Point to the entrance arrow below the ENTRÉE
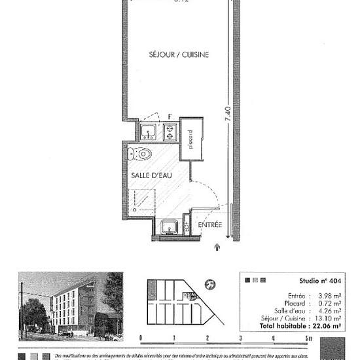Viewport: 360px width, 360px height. point(217,247)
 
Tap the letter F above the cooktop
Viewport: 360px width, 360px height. point(170,117)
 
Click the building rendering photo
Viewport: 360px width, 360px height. point(71,305)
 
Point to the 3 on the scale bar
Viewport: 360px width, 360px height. point(241,338)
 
